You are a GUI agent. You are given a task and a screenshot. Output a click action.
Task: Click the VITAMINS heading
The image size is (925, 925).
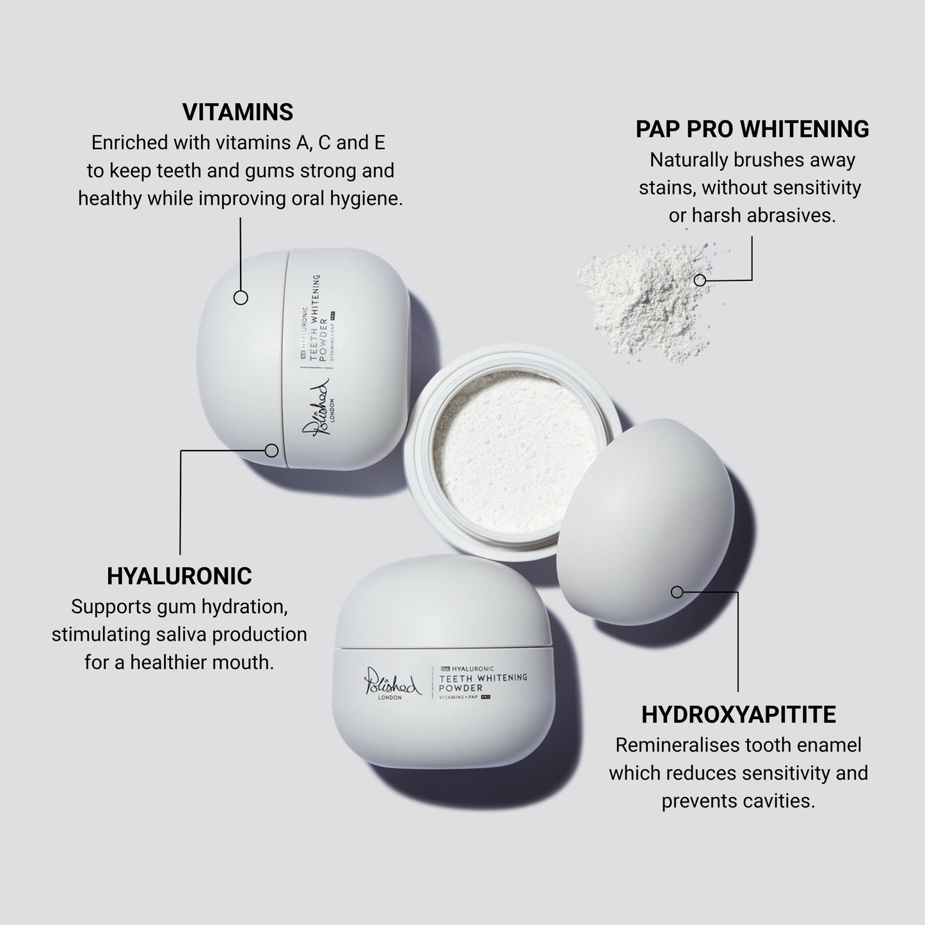(x=237, y=112)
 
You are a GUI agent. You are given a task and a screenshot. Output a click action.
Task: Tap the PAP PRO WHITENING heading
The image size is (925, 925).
(x=752, y=129)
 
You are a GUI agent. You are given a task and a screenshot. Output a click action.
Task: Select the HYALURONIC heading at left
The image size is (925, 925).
(x=179, y=576)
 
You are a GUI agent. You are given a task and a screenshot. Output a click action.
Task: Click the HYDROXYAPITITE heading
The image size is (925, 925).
(x=738, y=714)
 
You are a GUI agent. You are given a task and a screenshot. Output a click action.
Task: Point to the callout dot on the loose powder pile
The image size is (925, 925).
(x=700, y=280)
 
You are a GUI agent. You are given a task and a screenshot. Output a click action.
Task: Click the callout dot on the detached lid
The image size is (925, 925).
(x=677, y=592)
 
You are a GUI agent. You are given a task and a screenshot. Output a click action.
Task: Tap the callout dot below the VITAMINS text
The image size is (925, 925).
(x=241, y=298)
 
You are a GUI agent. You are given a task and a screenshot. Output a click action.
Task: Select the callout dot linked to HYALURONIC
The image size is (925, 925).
(x=271, y=451)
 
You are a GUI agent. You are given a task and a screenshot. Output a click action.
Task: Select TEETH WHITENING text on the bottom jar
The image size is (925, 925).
(x=483, y=678)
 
